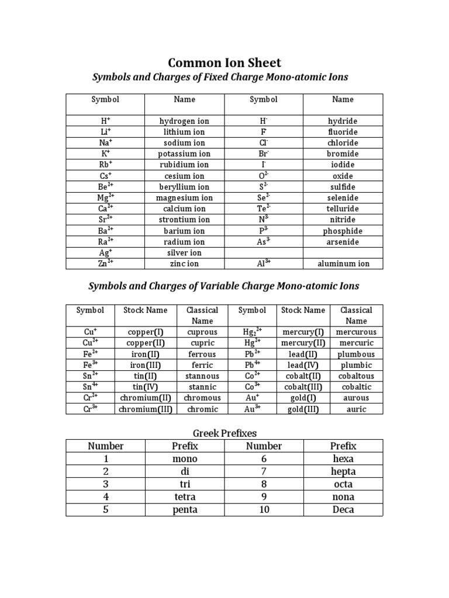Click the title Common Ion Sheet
[225, 62]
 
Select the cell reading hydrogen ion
[184, 121]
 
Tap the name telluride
[343, 208]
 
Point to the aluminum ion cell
[343, 264]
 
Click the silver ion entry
[184, 253]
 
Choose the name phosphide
[343, 231]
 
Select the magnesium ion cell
[184, 198]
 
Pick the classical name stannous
[202, 376]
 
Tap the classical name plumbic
[356, 365]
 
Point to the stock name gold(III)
[303, 409]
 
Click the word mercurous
[356, 332]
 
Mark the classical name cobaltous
[356, 376]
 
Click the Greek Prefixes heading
[224, 433]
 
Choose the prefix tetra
[185, 497]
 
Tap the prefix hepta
[343, 471]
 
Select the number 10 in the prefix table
[264, 510]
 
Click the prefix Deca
[343, 510]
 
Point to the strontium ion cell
[184, 220]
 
